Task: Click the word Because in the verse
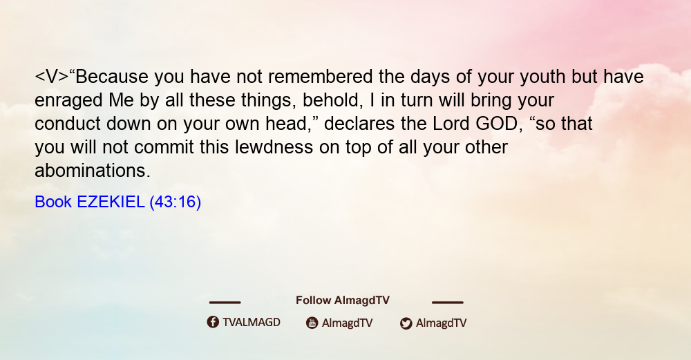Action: [112, 77]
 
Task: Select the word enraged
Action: [68, 101]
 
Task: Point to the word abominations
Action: [93, 171]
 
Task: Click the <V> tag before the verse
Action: [52, 77]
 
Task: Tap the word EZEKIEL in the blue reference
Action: [111, 202]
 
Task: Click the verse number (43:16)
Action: [176, 202]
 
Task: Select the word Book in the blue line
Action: [53, 202]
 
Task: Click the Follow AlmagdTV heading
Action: [343, 300]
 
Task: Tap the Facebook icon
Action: [213, 322]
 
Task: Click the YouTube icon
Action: [312, 323]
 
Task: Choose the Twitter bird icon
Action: [406, 323]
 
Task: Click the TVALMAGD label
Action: [252, 322]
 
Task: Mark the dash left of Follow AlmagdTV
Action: [225, 303]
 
